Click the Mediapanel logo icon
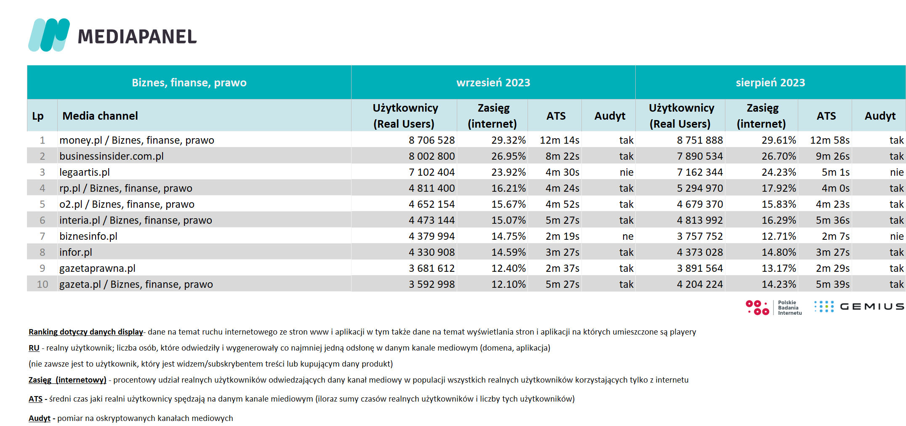coord(49,35)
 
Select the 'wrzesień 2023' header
coord(493,83)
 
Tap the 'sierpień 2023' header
coord(770,83)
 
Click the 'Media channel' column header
coord(100,116)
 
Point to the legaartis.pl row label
coord(85,172)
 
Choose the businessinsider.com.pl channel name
coord(112,156)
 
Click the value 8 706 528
coord(432,140)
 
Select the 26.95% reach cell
coord(509,156)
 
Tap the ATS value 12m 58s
coord(830,140)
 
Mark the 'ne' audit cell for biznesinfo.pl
coord(628,236)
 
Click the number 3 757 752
coord(700,236)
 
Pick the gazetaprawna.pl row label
coord(97,268)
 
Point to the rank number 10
coord(43,284)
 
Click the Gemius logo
coord(859,306)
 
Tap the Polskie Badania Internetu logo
coord(773,308)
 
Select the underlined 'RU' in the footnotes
coord(34,348)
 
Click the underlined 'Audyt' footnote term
coord(40,418)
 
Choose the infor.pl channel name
coord(76,252)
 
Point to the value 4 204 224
coord(700,284)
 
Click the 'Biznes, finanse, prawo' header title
coord(189,83)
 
